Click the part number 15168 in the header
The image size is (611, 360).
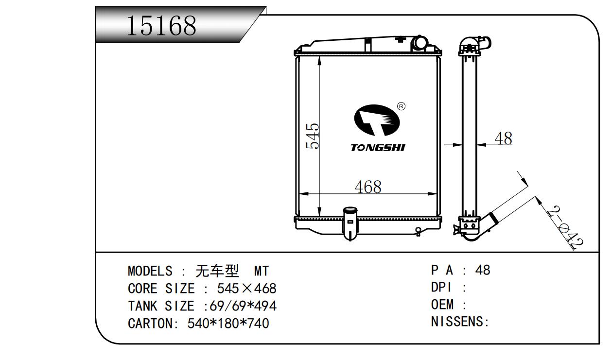[x=161, y=26]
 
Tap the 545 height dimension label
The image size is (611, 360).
[x=313, y=136]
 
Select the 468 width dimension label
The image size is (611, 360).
[x=368, y=187]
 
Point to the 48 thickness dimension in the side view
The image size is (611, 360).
[x=504, y=138]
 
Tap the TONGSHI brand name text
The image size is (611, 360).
[x=378, y=148]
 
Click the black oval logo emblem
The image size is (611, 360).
[x=377, y=120]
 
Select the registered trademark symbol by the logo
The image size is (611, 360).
[x=401, y=106]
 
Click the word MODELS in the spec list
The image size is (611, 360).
[x=150, y=271]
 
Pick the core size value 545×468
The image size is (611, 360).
[x=246, y=289]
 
